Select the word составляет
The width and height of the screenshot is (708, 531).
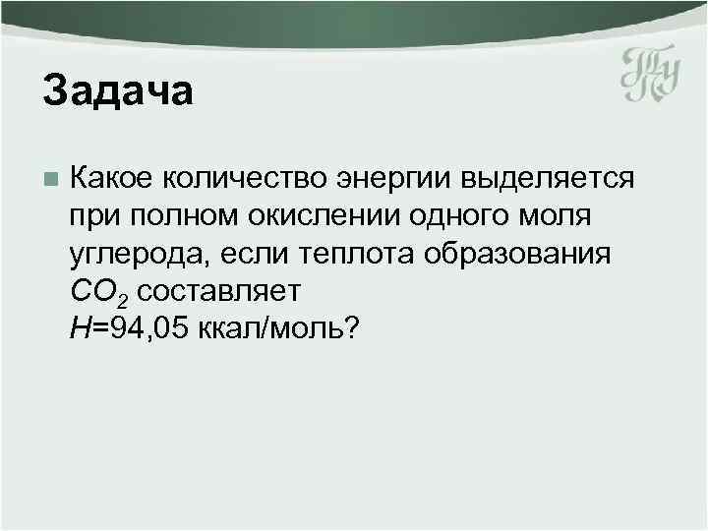[218, 290]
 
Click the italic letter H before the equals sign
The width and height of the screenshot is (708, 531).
[80, 327]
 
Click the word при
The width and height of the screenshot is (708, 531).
[93, 217]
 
